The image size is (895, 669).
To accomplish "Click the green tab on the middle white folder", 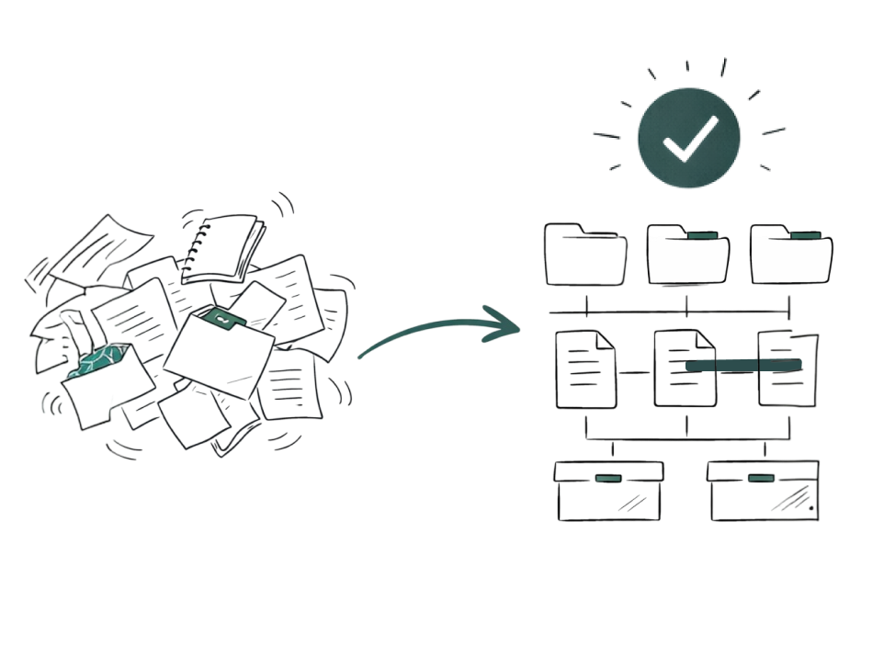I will [x=703, y=236].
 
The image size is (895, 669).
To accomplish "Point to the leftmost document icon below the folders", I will [x=586, y=369].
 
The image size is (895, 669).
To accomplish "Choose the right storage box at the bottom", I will [x=764, y=491].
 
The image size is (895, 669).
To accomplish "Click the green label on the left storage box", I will [x=607, y=478].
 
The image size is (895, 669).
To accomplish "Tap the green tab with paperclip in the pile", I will [x=223, y=320].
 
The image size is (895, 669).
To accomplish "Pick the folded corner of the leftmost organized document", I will [x=606, y=341].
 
